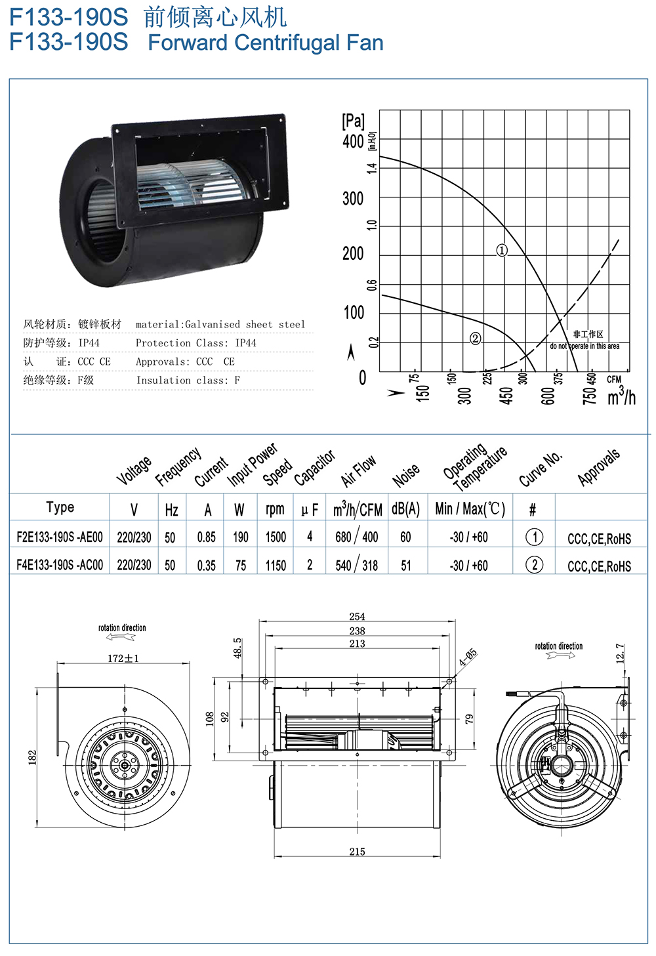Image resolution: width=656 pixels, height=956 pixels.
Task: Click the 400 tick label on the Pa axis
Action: click(x=353, y=142)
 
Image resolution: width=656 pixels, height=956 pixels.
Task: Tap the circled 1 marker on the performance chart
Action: click(x=502, y=251)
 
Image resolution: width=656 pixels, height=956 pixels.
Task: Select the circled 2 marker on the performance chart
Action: click(x=476, y=339)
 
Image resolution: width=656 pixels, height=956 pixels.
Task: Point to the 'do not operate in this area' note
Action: click(x=584, y=346)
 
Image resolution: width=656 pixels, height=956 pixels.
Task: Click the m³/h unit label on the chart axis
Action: click(x=621, y=396)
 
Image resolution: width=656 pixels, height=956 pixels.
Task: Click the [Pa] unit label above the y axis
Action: click(x=354, y=121)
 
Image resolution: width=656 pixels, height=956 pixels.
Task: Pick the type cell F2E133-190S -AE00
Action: click(x=60, y=537)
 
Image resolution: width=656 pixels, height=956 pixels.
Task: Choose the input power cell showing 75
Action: click(x=241, y=566)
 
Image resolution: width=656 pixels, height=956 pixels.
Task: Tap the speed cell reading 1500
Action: click(x=276, y=537)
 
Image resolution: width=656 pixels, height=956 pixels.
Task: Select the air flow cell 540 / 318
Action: click(x=357, y=565)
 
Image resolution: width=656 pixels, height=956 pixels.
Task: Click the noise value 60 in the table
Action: click(x=405, y=537)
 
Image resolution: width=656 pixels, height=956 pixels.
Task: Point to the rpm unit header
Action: click(x=275, y=509)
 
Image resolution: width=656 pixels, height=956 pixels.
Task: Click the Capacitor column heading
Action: click(x=315, y=468)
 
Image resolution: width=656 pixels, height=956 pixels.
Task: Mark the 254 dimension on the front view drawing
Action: click(x=357, y=617)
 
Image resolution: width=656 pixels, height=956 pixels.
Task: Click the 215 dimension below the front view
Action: click(x=357, y=852)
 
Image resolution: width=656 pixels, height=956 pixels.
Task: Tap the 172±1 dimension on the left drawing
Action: click(x=123, y=658)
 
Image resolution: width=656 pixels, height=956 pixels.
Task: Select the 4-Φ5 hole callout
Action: click(x=468, y=657)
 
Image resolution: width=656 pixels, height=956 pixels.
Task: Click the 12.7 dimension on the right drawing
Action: click(x=620, y=654)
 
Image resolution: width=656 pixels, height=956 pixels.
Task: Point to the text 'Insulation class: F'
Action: click(x=188, y=381)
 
